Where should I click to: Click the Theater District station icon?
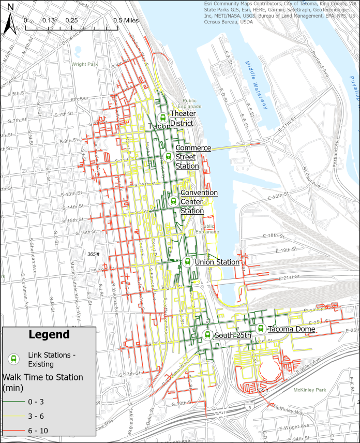click(162, 117)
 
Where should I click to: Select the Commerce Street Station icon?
click(168, 156)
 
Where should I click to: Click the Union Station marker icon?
click(187, 262)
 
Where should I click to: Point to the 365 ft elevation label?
click(94, 254)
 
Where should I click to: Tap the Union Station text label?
click(217, 262)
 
